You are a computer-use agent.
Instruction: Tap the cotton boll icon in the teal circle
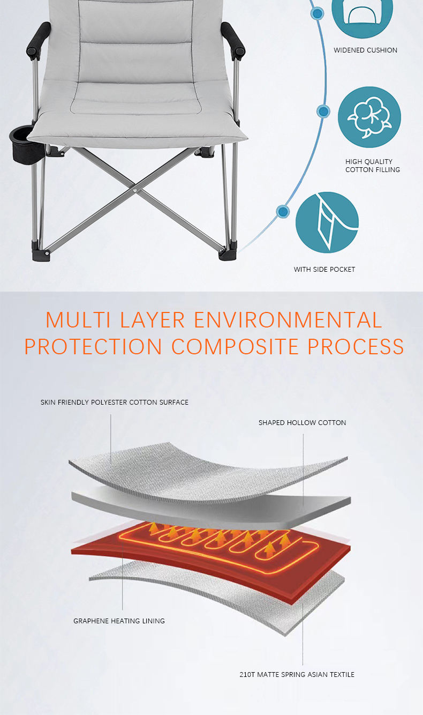coord(369,117)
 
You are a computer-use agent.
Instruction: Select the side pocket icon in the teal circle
coord(327,222)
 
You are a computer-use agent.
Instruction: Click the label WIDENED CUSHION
coord(365,50)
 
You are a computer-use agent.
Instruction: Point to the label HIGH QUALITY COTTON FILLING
coord(372,165)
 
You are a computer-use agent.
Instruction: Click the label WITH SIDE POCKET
coord(324,269)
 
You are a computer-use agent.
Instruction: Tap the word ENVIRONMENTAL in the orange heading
coord(288,320)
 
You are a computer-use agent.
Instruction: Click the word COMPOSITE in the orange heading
coord(235,347)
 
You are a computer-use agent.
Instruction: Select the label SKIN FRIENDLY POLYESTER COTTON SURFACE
coord(115,402)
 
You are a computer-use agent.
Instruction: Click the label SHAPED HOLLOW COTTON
coord(302,422)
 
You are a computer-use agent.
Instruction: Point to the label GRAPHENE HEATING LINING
coord(119,621)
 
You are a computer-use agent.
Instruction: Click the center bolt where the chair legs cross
coord(134,190)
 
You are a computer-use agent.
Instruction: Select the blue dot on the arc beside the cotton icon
coord(323,111)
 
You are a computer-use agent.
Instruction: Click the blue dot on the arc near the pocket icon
coord(282,211)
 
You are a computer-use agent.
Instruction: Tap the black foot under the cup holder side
coord(41,252)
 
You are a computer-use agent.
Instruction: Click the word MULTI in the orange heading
coord(78,320)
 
